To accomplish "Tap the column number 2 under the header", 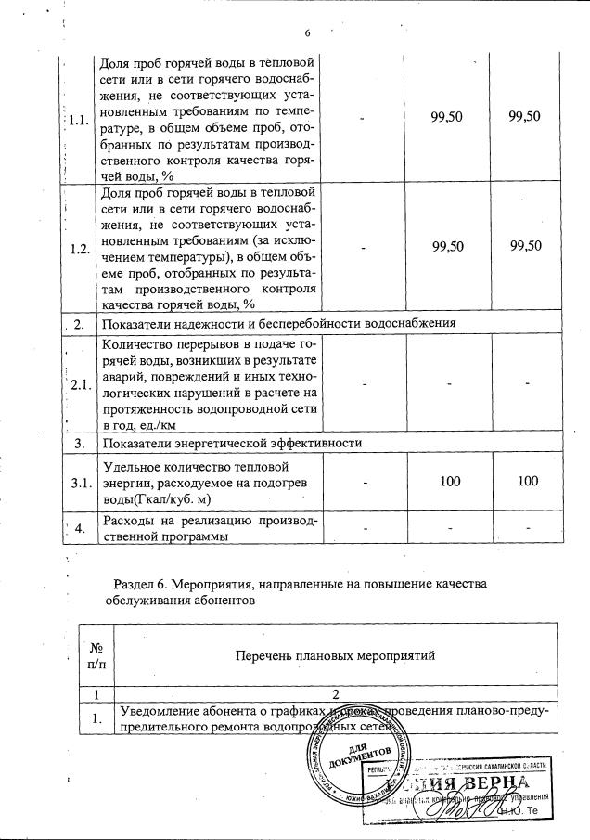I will pos(337,693).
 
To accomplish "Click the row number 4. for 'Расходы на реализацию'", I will pos(79,528).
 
